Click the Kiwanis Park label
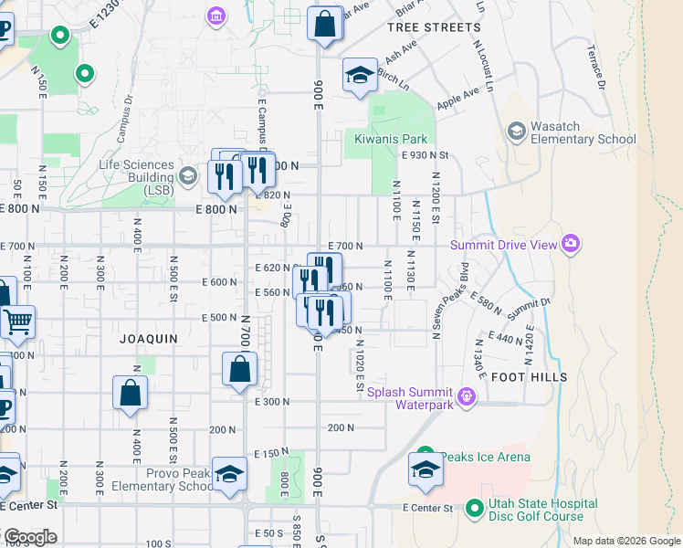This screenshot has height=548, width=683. tap(392, 139)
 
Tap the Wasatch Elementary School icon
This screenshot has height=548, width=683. tap(516, 131)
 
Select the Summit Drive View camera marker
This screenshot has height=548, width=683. tap(571, 243)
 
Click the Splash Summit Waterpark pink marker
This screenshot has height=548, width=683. tap(467, 395)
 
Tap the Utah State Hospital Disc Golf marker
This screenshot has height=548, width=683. tap(474, 507)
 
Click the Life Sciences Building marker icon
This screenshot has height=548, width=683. tap(188, 175)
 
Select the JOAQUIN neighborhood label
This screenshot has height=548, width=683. tap(149, 338)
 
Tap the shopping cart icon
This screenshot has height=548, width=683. tap(17, 321)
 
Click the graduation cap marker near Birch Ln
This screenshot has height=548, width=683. tap(361, 76)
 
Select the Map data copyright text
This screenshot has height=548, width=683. tap(625, 541)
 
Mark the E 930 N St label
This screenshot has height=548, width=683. tap(426, 157)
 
